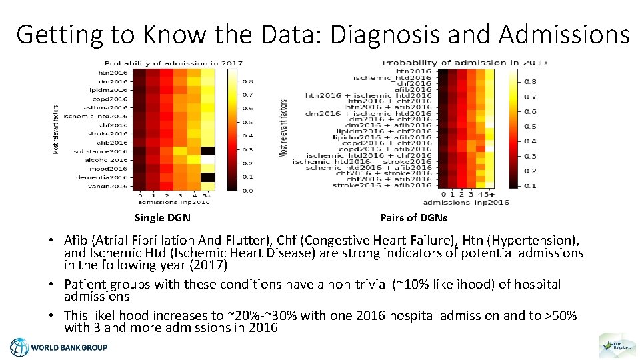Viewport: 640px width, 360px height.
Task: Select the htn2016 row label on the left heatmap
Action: (x=113, y=72)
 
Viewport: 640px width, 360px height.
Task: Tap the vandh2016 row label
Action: (x=110, y=186)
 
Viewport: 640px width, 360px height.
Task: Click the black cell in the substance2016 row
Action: (x=207, y=151)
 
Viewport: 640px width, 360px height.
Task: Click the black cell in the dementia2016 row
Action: (x=207, y=177)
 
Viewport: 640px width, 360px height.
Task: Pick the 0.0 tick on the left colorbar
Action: (x=247, y=191)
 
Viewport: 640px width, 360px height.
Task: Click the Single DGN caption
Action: (x=162, y=217)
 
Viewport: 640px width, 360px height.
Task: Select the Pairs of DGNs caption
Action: (x=413, y=217)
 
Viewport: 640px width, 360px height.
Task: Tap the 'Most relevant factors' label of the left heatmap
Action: (x=56, y=129)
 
